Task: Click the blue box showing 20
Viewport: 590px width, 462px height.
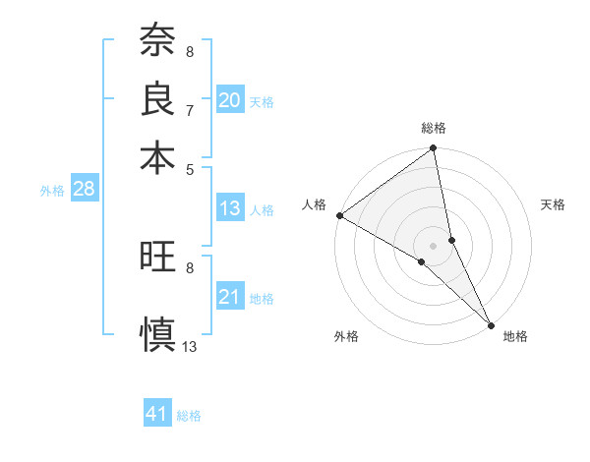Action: (229, 100)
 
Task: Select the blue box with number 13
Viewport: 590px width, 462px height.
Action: (229, 208)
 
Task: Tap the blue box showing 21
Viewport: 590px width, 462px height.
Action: (229, 297)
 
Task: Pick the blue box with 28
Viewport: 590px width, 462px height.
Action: (84, 190)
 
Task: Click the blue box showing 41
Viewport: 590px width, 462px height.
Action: (157, 414)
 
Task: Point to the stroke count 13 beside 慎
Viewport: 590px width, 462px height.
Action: (190, 346)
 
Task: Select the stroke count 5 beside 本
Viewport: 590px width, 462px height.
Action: (189, 168)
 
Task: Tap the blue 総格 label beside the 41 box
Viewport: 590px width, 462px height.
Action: (189, 416)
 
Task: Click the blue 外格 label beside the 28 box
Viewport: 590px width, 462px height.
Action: (51, 191)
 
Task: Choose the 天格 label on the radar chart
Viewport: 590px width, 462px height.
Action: (553, 204)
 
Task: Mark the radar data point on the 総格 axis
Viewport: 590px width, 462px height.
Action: (433, 149)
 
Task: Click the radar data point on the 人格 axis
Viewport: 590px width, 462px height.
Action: (338, 215)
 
